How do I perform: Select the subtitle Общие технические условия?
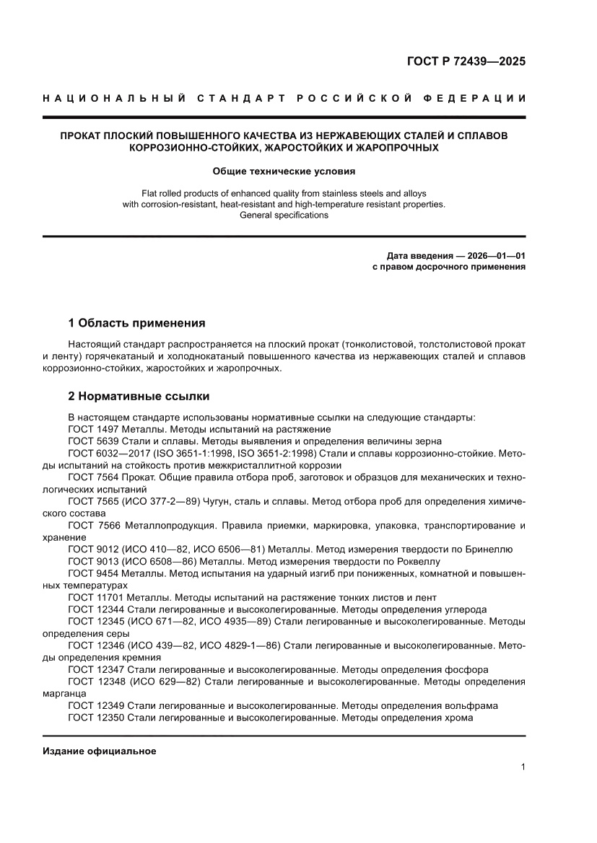[284, 172]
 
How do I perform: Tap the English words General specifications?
[284, 215]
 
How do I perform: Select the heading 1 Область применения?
[136, 322]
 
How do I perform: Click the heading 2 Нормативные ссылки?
[138, 396]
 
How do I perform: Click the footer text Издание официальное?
[100, 751]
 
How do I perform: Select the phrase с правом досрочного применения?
[448, 267]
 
